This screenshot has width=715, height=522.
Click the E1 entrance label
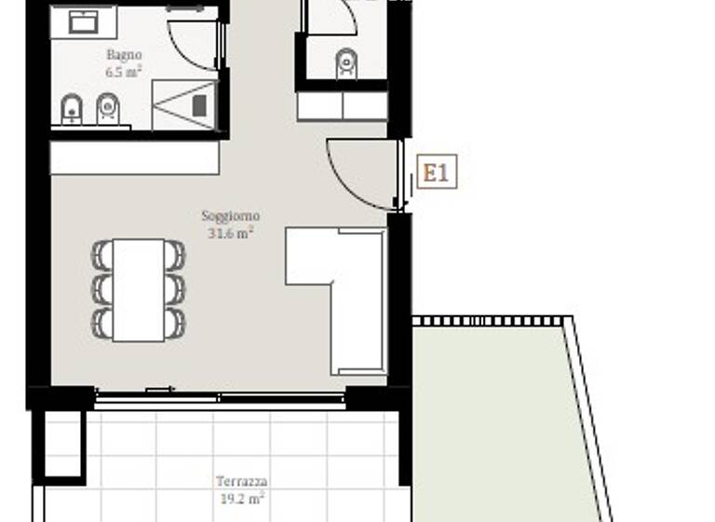tap(437, 172)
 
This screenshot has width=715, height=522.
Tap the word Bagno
tap(124, 55)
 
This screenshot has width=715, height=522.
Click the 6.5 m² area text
tap(124, 71)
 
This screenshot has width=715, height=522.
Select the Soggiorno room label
tap(231, 216)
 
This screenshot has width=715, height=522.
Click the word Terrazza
tap(242, 482)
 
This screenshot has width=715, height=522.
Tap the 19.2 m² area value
tap(241, 498)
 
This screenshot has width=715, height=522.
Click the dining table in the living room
tap(138, 289)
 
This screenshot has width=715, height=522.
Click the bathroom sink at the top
tap(85, 21)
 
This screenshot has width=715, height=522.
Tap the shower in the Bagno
tap(184, 104)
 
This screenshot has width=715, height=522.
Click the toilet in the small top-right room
tap(346, 62)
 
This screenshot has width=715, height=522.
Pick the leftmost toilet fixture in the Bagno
tap(72, 111)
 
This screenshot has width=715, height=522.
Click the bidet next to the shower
tap(109, 111)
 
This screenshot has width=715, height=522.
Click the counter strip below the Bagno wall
tap(135, 158)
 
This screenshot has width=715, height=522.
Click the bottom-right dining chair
tap(174, 323)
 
